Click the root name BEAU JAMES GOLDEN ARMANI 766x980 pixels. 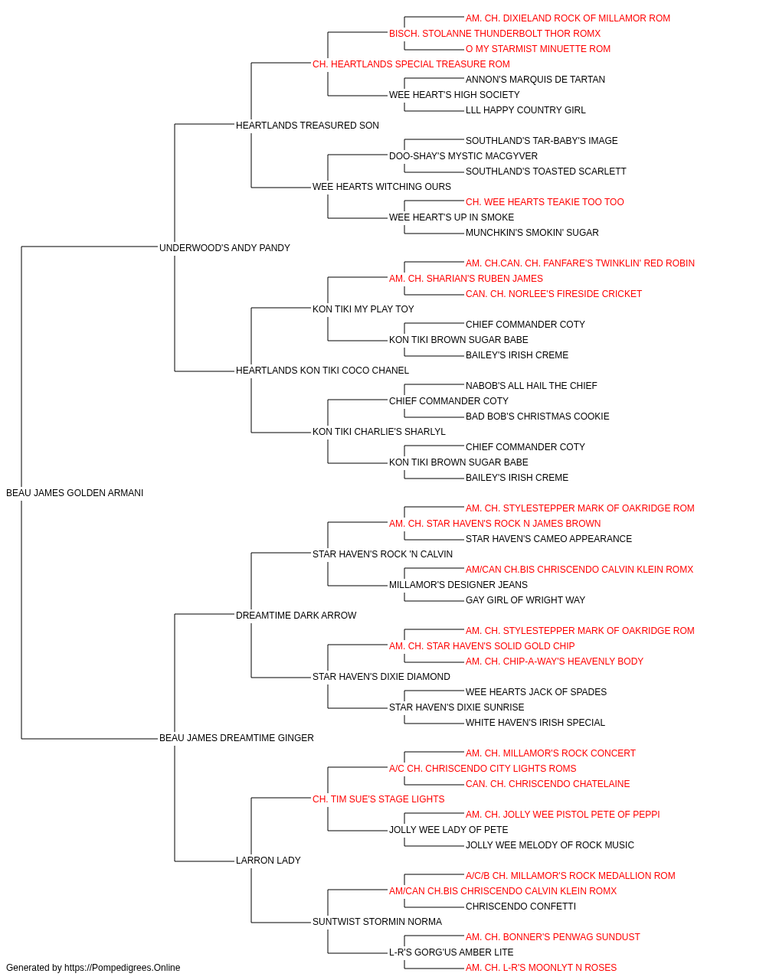click(74, 493)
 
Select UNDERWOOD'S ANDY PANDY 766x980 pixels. click(224, 248)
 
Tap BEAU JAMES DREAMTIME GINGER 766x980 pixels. click(237, 738)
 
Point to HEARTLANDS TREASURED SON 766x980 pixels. click(307, 126)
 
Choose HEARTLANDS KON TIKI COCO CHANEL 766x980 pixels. click(322, 371)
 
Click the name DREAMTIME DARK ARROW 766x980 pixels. click(296, 615)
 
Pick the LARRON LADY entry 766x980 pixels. click(268, 860)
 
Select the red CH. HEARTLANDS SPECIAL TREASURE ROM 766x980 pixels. click(411, 64)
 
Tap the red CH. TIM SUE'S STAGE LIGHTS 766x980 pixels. click(378, 799)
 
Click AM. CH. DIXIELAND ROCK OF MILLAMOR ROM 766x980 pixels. click(568, 18)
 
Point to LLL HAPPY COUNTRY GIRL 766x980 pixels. click(525, 110)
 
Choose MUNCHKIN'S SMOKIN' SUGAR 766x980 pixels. click(532, 233)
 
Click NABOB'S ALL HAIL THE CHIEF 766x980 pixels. click(531, 386)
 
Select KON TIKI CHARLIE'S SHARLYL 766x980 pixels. click(379, 432)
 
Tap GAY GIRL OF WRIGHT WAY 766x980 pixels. click(525, 599)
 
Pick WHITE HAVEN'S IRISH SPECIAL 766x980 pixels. click(535, 723)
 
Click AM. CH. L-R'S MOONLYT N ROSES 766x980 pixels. click(541, 968)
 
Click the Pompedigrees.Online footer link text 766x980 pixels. click(123, 968)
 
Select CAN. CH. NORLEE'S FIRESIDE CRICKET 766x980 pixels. click(554, 294)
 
